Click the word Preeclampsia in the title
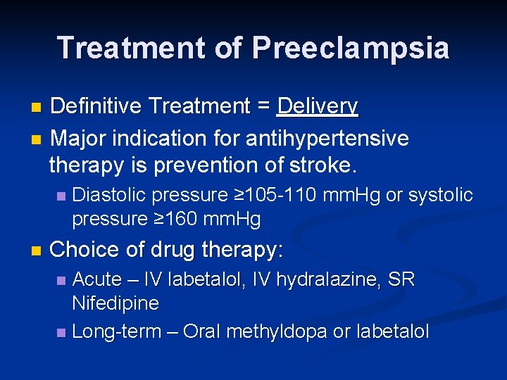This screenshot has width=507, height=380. [350, 48]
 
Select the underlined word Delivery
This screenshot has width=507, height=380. [318, 106]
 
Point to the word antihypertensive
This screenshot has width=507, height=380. [327, 138]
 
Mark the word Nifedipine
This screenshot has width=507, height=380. [115, 304]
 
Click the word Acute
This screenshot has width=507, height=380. [97, 279]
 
